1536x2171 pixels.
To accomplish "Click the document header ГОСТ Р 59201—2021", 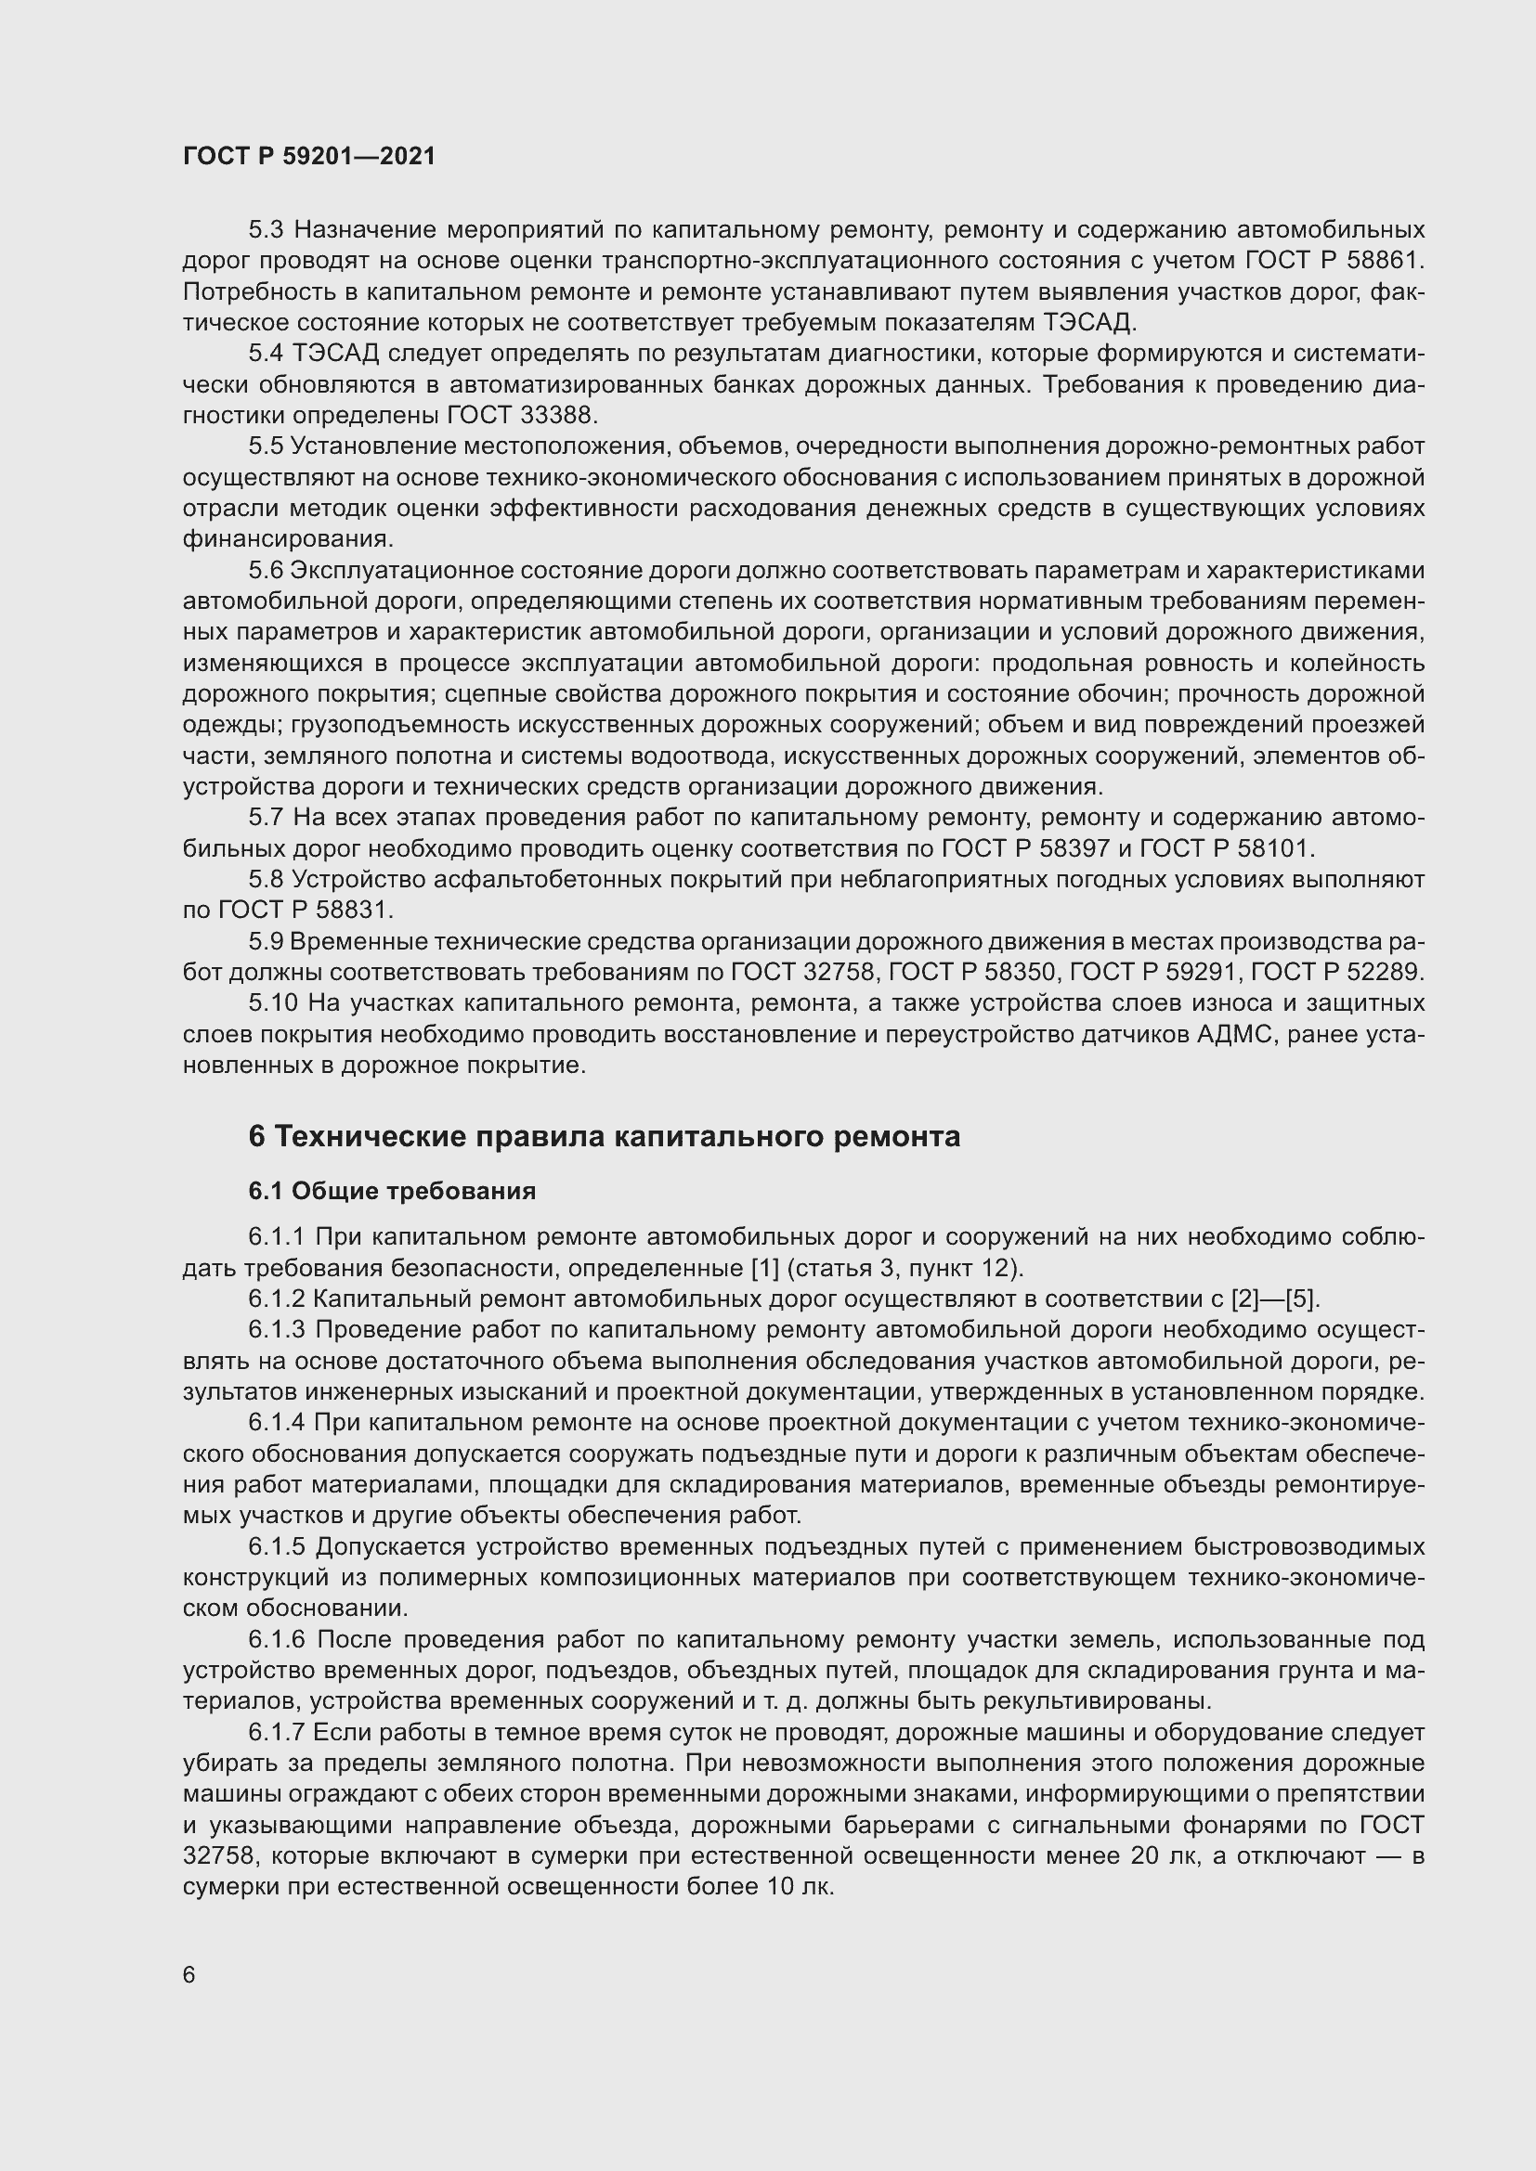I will point(309,156).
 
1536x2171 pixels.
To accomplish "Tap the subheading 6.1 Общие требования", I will point(392,1191).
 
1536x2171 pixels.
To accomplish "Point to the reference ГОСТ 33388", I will point(520,415).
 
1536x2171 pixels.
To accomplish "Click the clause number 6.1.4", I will point(277,1422).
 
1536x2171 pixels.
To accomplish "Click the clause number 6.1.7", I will point(277,1732).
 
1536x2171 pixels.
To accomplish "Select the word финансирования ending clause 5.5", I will point(287,539).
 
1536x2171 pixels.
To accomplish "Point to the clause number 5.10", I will point(272,1002).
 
